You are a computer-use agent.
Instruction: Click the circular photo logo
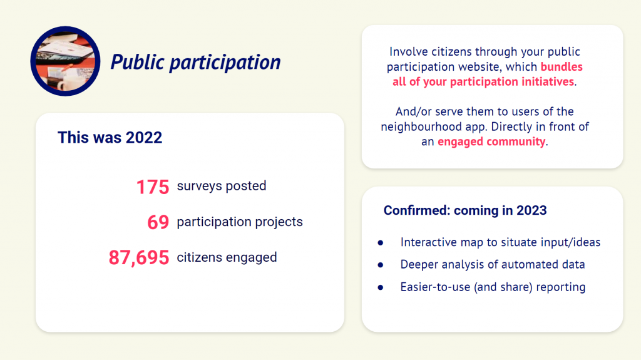click(65, 61)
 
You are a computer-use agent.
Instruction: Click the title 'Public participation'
click(195, 62)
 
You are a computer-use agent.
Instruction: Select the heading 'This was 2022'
click(110, 138)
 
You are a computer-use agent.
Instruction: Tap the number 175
click(153, 187)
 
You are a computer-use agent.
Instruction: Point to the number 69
click(158, 222)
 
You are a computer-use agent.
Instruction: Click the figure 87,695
click(139, 258)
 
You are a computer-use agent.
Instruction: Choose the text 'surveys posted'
click(222, 186)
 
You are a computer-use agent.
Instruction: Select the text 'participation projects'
click(240, 222)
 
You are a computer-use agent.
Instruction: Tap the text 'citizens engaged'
click(227, 258)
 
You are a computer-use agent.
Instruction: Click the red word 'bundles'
click(562, 67)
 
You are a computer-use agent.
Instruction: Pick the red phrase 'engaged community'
click(491, 141)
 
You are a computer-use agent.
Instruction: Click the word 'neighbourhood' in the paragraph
click(421, 127)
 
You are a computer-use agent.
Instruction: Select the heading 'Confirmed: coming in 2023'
click(465, 210)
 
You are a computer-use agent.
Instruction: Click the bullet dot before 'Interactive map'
click(381, 243)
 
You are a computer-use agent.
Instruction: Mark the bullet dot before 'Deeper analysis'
click(381, 265)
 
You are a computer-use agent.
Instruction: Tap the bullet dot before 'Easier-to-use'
click(381, 287)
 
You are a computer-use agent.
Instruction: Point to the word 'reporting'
click(561, 287)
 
